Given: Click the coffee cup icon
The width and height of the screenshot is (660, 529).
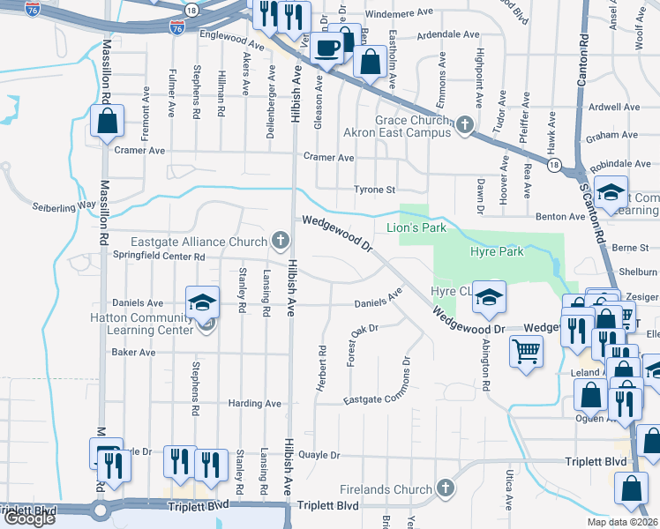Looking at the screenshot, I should tap(327, 48).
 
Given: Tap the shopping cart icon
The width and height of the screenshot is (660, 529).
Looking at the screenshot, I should tap(526, 351).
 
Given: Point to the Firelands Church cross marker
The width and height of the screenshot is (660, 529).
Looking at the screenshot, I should tap(446, 488).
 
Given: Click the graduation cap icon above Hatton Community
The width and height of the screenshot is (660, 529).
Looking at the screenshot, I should tap(202, 302).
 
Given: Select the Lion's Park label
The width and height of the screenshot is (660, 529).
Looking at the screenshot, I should tap(416, 228).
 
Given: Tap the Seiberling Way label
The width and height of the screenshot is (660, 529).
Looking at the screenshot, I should tap(64, 205).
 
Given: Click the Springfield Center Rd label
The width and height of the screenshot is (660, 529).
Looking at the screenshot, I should tap(159, 257).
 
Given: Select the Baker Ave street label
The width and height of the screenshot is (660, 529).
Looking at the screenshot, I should tap(133, 352).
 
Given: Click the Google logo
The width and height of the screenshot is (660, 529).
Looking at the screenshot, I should tap(29, 518).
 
